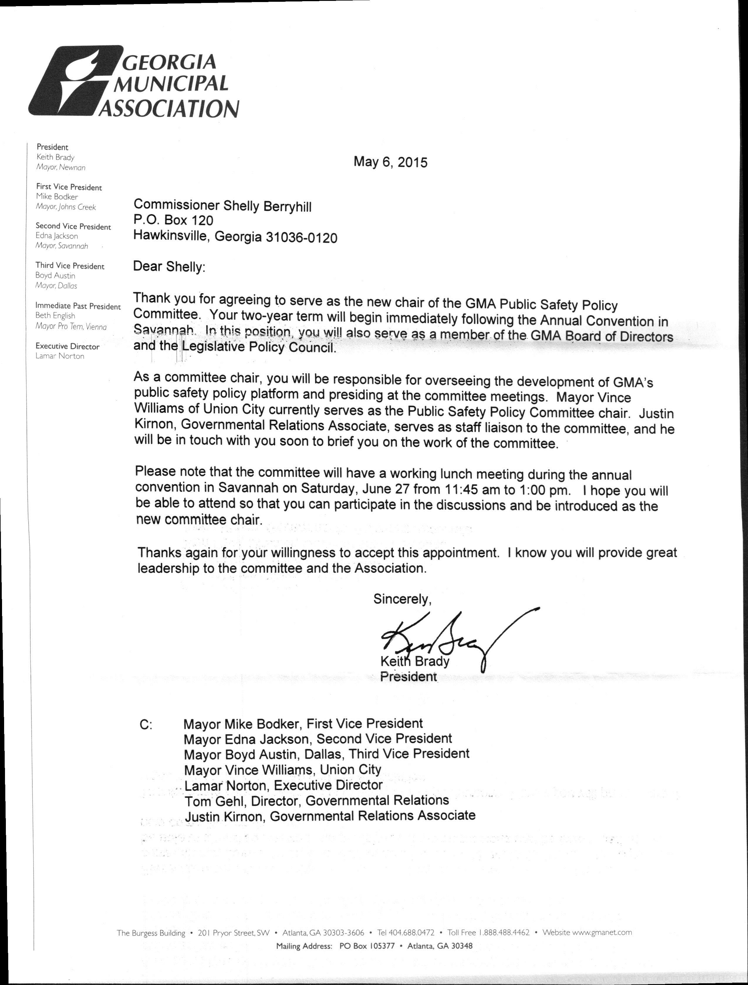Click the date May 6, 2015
pyautogui.click(x=390, y=162)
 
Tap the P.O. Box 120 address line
pyautogui.click(x=173, y=220)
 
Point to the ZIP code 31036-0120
pyautogui.click(x=301, y=238)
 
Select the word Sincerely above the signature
pyautogui.click(x=402, y=599)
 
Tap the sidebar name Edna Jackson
pyautogui.click(x=57, y=236)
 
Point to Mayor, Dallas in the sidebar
pyautogui.click(x=56, y=286)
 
